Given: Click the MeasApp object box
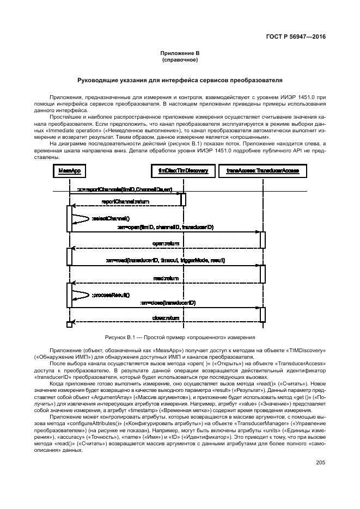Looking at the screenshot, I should pos(70,170).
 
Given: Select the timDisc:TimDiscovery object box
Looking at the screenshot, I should pos(183,170).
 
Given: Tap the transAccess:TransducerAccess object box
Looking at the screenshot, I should pos(263,170).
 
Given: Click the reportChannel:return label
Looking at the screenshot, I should pos(125,201).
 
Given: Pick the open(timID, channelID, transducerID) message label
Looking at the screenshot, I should pos(165,226).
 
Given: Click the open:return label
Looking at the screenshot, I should pos(166,243).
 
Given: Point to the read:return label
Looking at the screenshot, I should pos(166,278).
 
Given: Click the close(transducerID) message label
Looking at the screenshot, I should pos(168,302).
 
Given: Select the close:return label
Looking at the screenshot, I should pos(166,318).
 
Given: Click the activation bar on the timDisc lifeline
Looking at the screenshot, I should pos(183,199).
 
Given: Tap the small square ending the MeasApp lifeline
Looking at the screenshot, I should pos(69,325).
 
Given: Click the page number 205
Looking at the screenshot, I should pos(320,463).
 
